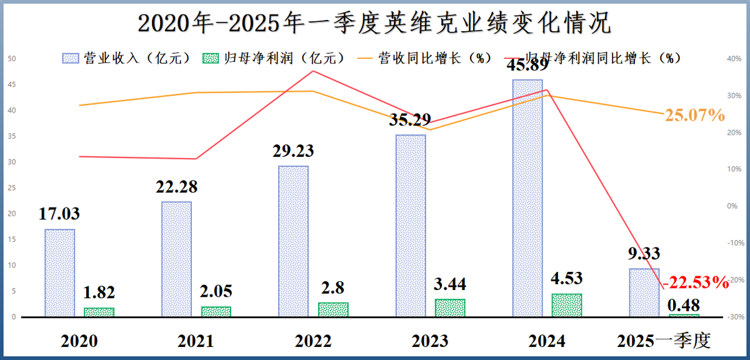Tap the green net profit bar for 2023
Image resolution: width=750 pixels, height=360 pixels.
tap(450, 307)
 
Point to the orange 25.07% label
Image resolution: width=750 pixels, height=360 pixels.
tap(694, 115)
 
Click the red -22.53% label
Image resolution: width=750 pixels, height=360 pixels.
tap(696, 282)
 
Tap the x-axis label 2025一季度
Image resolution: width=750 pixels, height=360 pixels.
tap(664, 341)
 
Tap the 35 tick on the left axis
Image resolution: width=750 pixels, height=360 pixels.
tap(12, 136)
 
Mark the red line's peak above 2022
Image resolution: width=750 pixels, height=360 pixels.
tap(313, 71)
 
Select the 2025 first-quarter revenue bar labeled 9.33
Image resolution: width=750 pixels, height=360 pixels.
tap(644, 292)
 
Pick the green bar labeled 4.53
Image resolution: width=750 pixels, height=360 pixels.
tap(566, 305)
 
